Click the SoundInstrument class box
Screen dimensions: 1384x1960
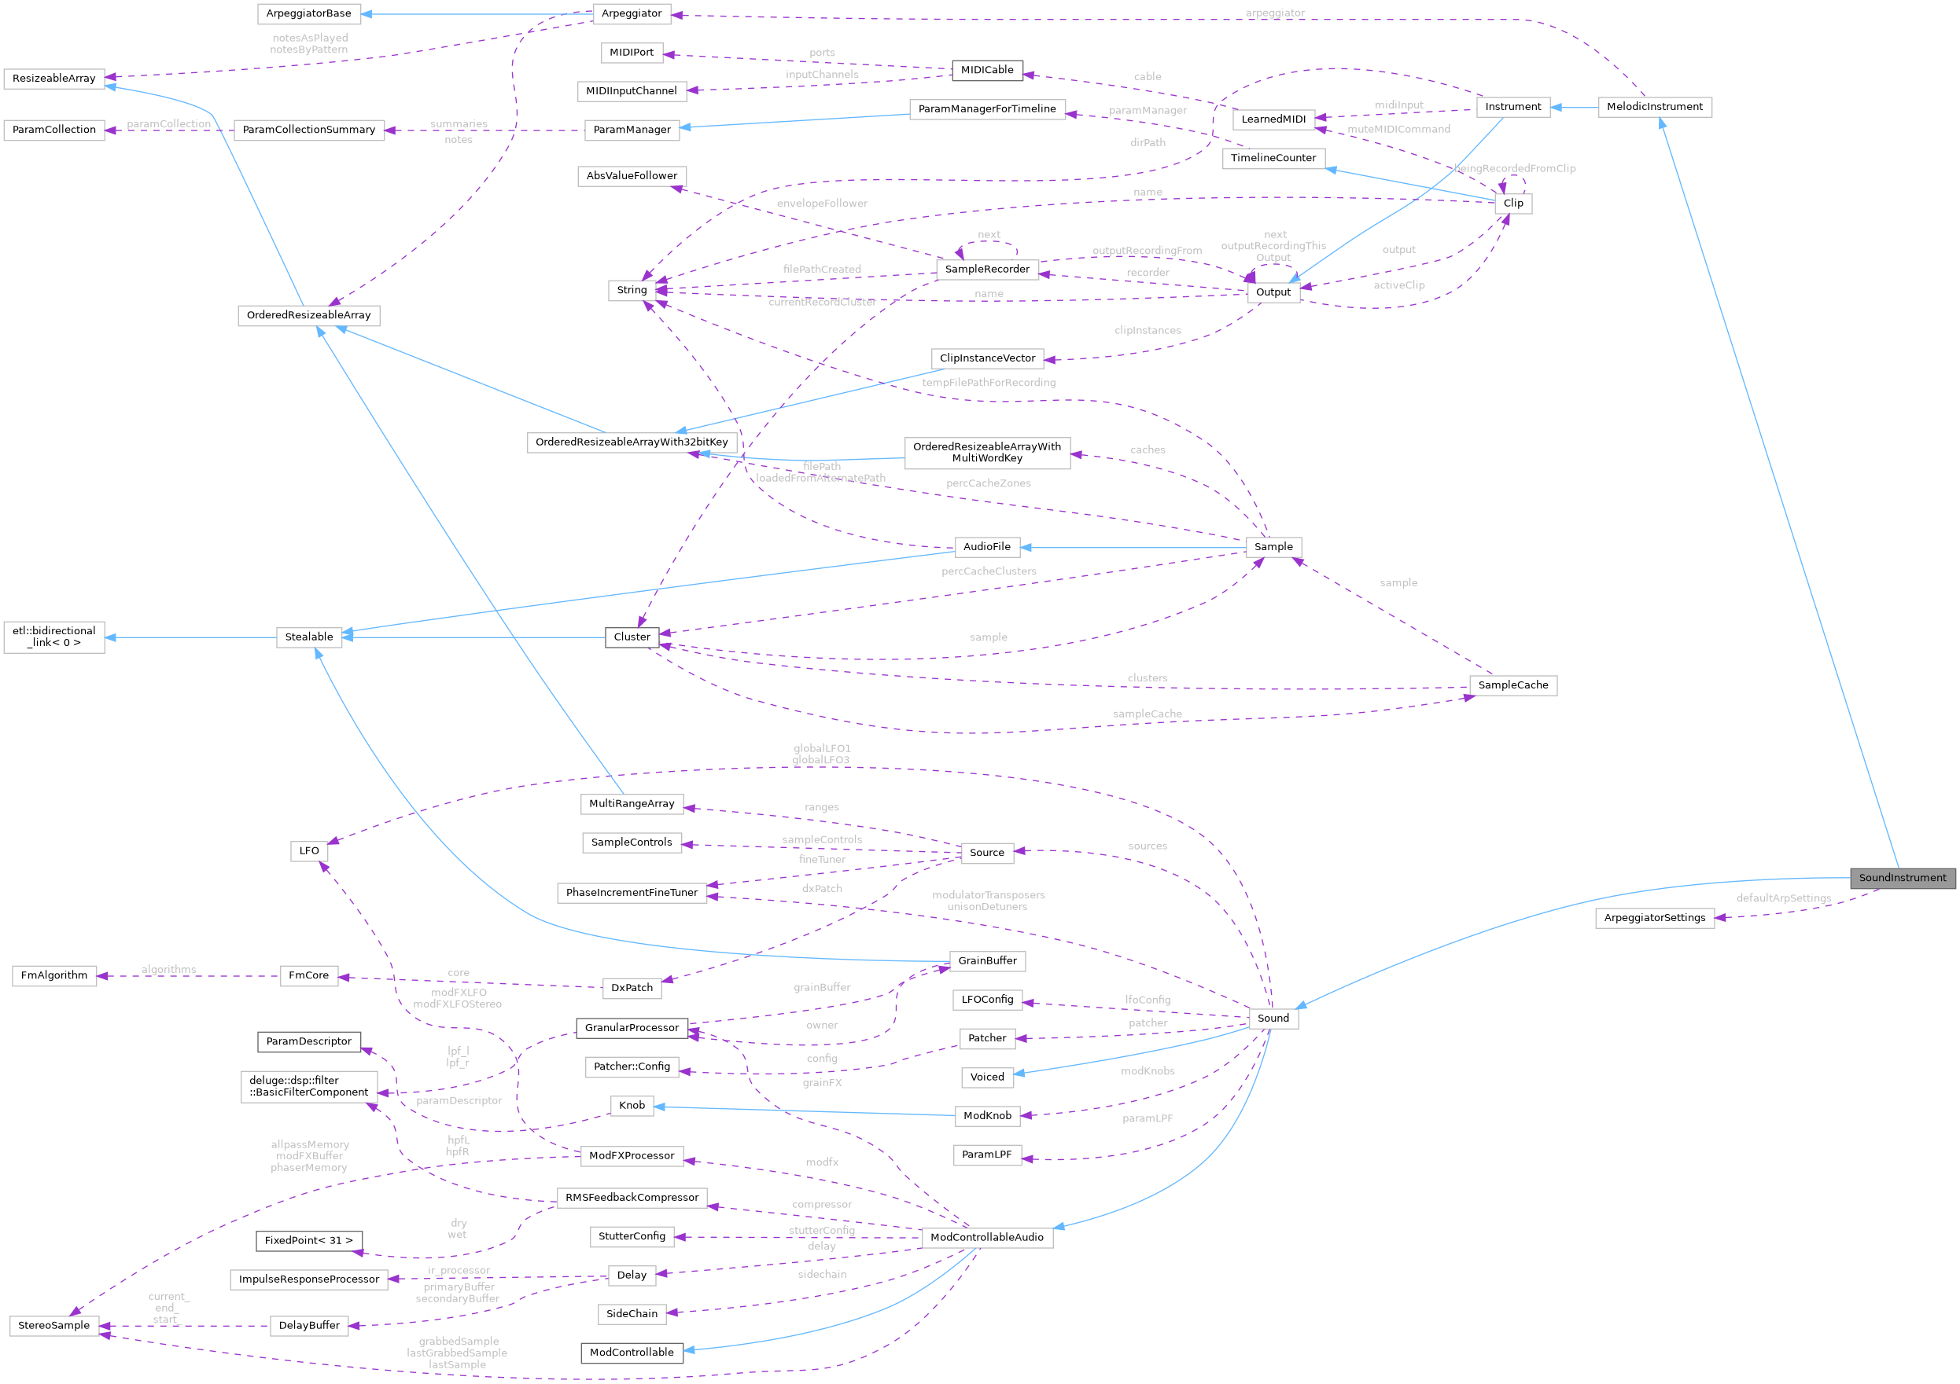[1902, 877]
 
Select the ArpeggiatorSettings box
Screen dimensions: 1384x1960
[1653, 917]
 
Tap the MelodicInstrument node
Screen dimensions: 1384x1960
[1653, 107]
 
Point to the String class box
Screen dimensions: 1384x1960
[632, 290]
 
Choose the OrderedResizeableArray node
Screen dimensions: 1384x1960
[308, 315]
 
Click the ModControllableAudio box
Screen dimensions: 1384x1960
[987, 1237]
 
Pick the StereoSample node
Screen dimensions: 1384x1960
[53, 1325]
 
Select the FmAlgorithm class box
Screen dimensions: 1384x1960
[53, 975]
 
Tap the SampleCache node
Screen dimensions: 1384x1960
[1512, 685]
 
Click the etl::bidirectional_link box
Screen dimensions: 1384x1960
[53, 637]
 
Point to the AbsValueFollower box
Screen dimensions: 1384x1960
[632, 176]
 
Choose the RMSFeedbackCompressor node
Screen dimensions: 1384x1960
[632, 1197]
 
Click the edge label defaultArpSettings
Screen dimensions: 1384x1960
[1783, 898]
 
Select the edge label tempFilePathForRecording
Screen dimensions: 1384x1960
[989, 382]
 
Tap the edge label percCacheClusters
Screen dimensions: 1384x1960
[989, 571]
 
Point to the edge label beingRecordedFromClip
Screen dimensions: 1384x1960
[1516, 168]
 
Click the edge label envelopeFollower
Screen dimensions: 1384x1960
[822, 203]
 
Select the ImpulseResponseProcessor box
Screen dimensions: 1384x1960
[308, 1279]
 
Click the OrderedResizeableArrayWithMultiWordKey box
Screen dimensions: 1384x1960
[987, 452]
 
